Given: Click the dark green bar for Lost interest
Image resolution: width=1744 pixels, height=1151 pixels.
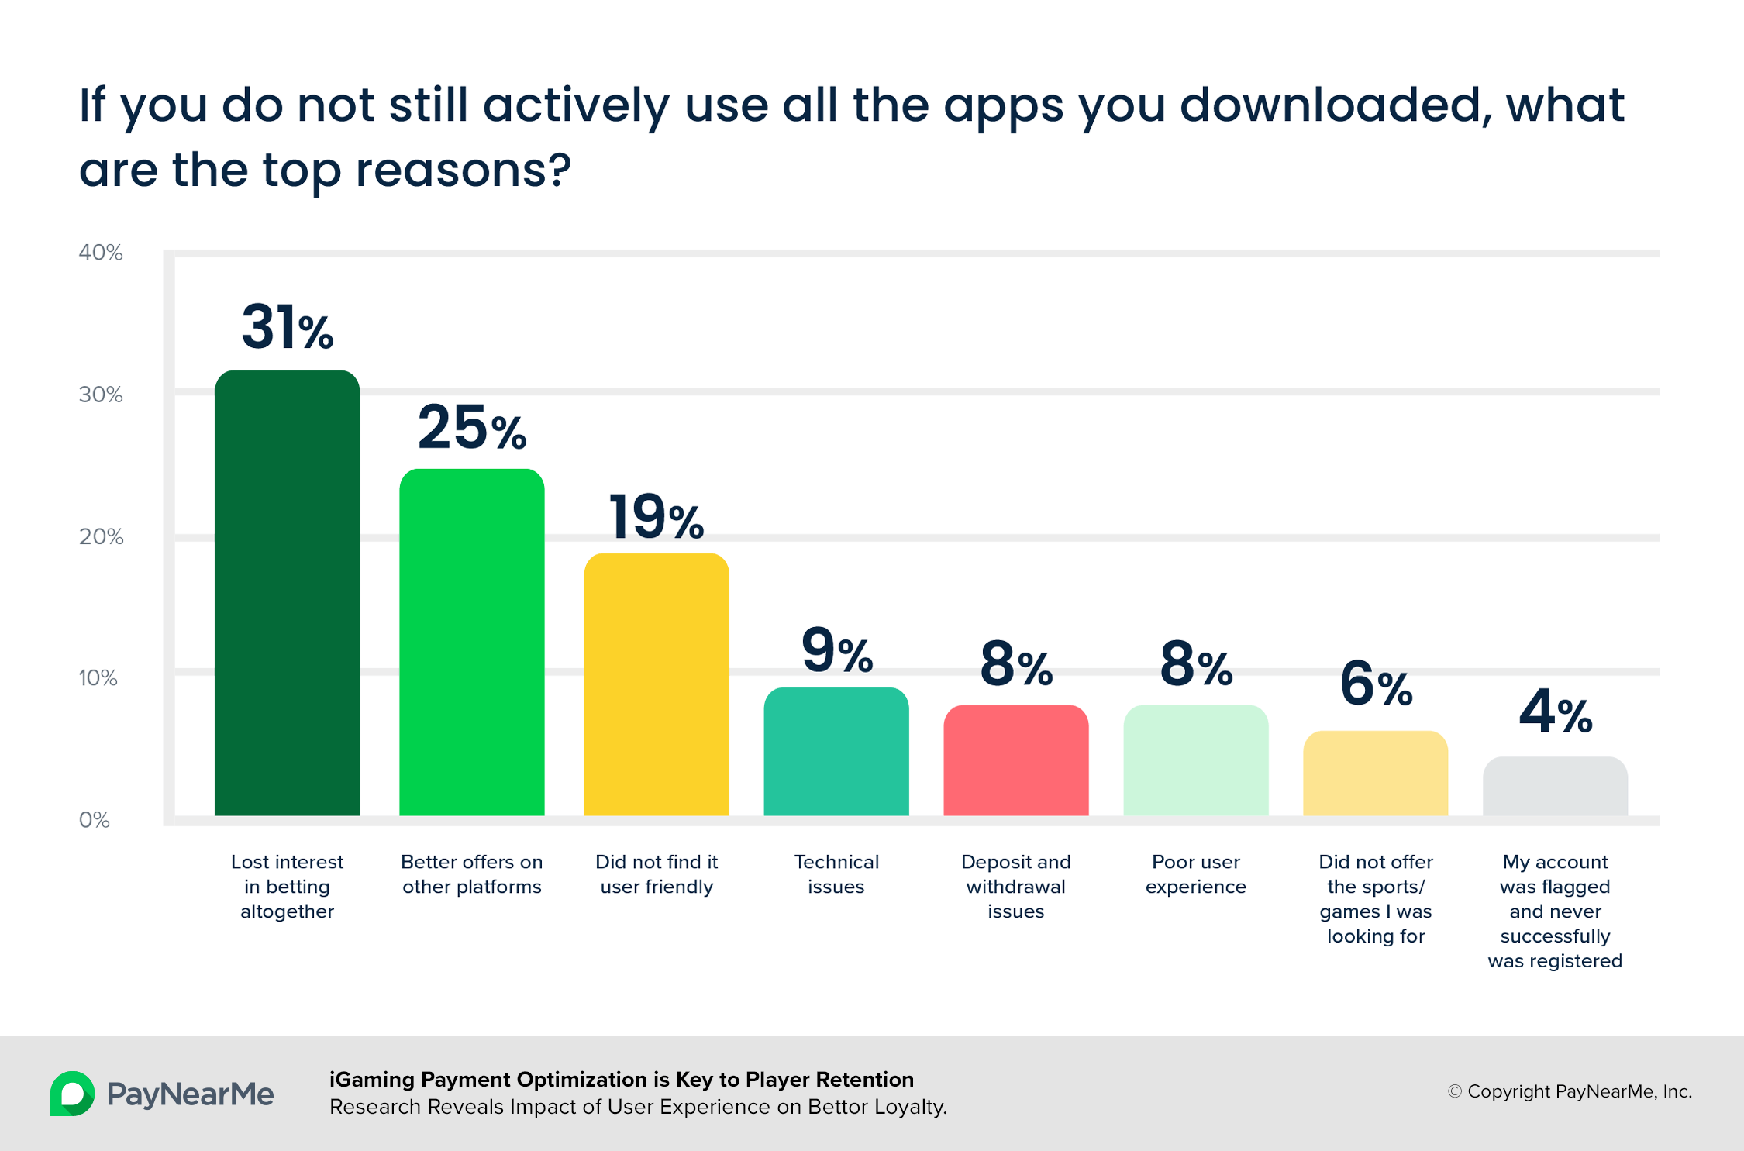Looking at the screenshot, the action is coord(287,593).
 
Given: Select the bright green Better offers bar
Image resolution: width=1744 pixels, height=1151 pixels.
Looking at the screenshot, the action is coord(471,642).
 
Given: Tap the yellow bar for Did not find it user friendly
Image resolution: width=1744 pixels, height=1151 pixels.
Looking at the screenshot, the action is coord(657,684).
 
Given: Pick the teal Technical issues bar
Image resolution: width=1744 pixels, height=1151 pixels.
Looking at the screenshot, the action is coord(836,751).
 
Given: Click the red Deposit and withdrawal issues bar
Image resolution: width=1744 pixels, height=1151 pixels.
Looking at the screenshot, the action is coord(1016,760).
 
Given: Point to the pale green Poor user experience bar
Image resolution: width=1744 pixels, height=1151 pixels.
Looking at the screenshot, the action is coord(1196,760).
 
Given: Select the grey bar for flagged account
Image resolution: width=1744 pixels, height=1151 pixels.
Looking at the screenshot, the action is coord(1555,786).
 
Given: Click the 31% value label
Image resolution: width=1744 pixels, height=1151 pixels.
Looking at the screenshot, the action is coord(288,326).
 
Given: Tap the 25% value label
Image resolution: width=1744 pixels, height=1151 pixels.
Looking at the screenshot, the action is coord(472,427).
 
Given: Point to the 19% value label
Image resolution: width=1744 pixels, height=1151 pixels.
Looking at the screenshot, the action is coord(657,516).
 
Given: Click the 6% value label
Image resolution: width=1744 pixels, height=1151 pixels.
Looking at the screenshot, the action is coord(1377,683).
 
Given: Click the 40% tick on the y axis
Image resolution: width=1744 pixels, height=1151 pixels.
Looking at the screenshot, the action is coord(101,253).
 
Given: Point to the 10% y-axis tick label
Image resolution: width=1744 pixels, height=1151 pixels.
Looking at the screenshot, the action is coord(98,678).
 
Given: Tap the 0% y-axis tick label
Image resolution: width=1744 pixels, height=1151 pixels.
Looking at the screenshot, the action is coord(95,820).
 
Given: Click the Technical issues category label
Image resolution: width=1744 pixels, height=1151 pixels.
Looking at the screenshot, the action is coord(836,874).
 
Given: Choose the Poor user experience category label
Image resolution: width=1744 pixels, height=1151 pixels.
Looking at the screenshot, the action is coord(1196,874).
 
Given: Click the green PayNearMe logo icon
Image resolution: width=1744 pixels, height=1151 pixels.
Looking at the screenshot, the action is coord(72,1094).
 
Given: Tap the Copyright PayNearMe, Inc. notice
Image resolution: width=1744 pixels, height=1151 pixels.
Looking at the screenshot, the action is coord(1570,1091).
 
